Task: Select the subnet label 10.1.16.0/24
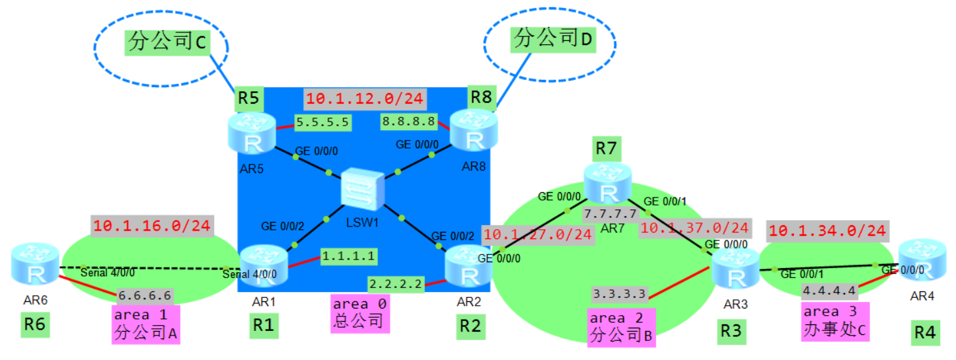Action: point(152,225)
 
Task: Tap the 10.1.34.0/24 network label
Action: point(827,232)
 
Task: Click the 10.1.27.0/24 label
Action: point(538,234)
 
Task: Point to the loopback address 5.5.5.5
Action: point(323,122)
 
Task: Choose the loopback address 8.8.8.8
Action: point(408,122)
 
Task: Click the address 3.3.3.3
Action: point(619,293)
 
